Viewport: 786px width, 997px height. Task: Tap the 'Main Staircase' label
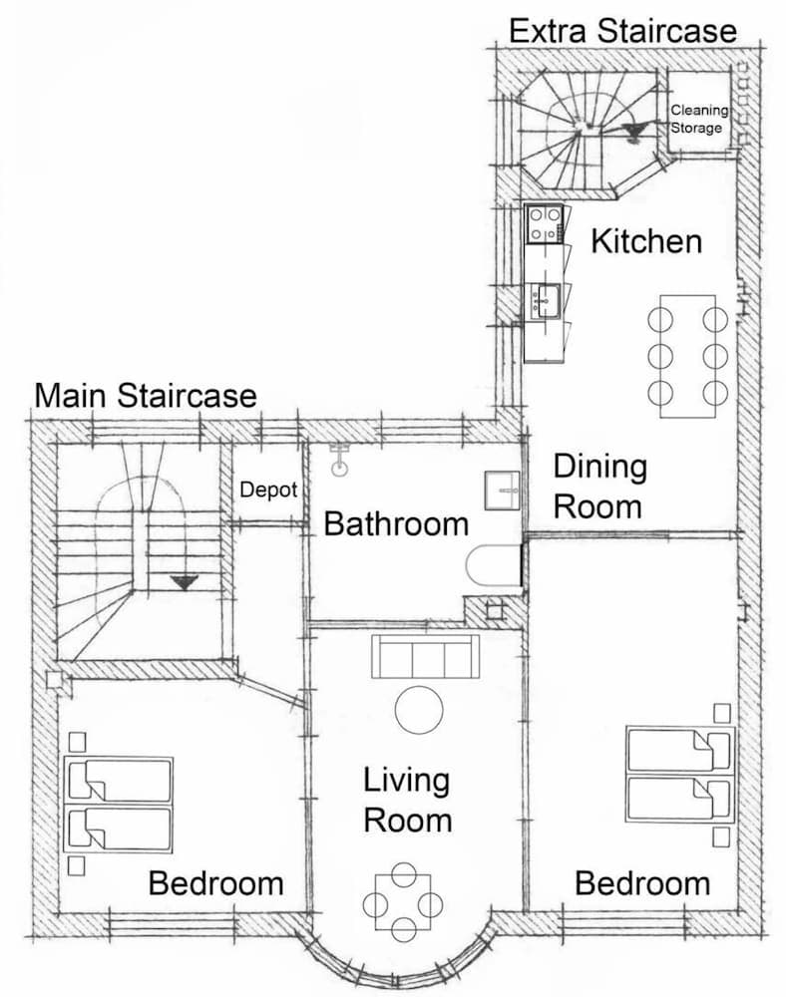coord(146,396)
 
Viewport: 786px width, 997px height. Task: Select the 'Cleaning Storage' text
coord(698,119)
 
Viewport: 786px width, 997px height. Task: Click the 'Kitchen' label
coord(646,241)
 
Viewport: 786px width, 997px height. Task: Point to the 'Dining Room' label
coord(598,487)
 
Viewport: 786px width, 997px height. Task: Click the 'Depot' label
coord(268,490)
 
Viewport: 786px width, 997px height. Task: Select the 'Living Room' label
coord(406,801)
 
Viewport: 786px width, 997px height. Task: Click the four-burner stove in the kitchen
coord(545,224)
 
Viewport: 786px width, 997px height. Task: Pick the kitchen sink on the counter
coord(545,298)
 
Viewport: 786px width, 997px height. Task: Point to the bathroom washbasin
coord(504,489)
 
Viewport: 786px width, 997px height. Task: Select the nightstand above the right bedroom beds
coord(721,713)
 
